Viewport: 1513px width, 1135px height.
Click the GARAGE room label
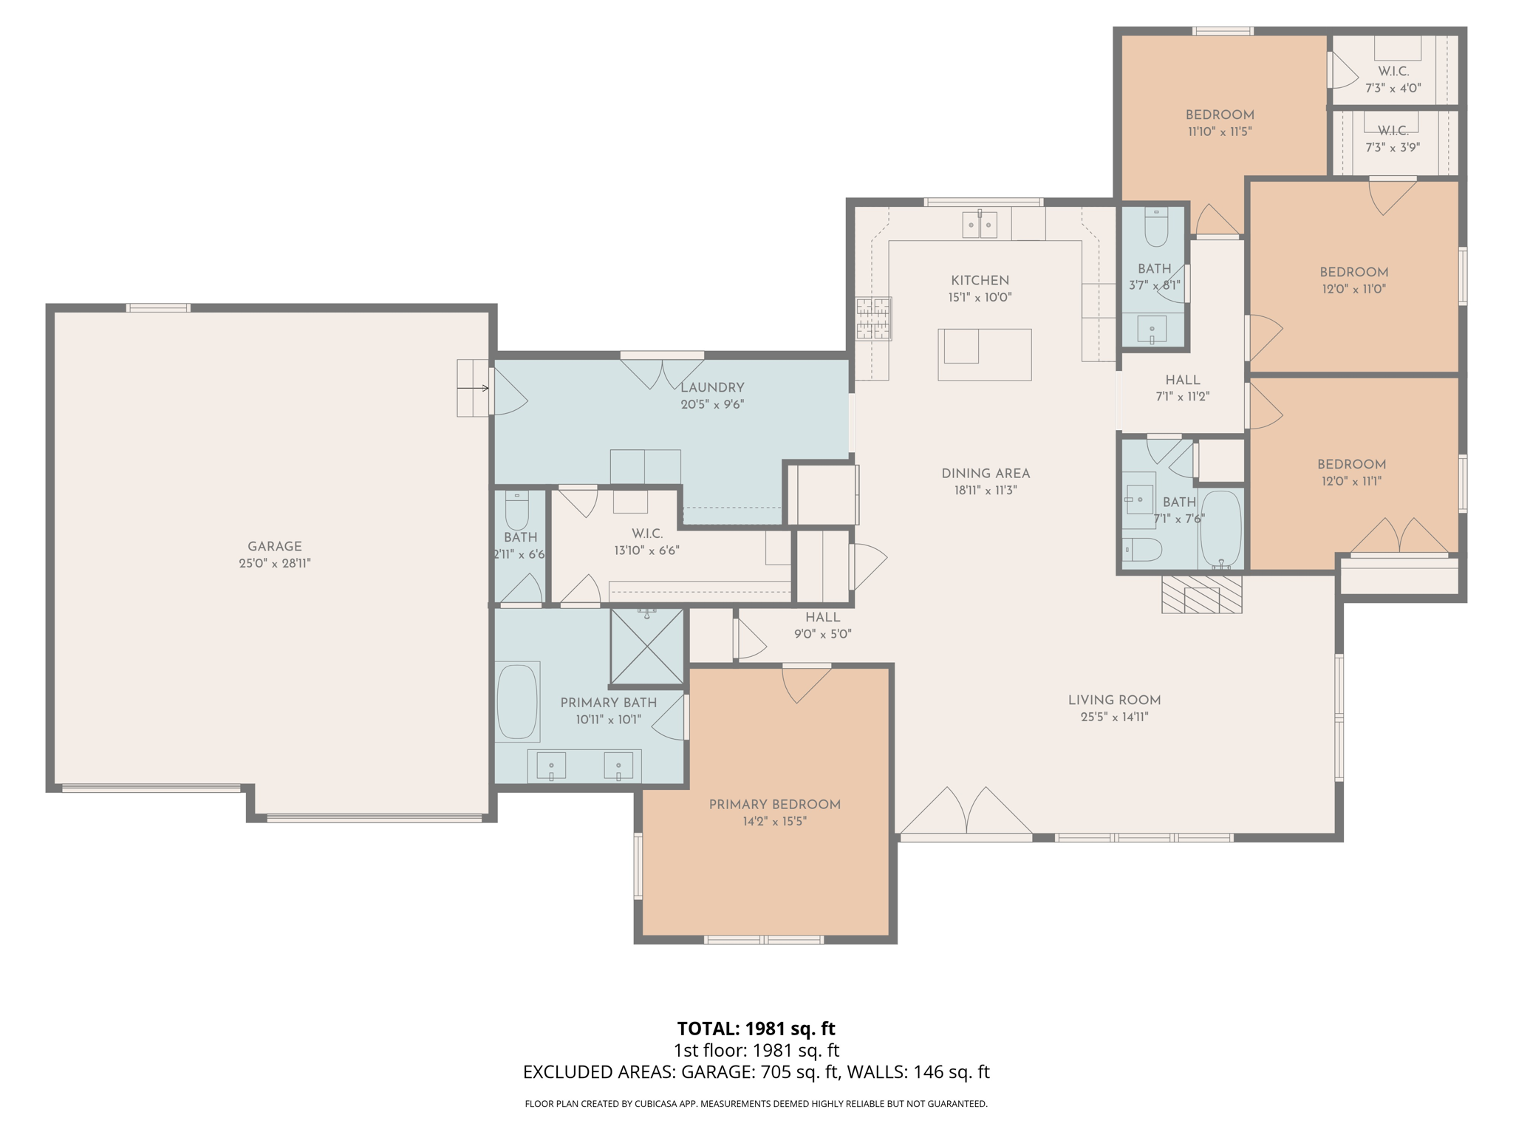[x=274, y=546]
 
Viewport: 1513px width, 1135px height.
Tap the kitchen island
[x=984, y=355]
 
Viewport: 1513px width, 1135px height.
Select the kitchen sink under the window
[x=980, y=224]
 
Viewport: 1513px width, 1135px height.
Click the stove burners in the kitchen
[x=874, y=318]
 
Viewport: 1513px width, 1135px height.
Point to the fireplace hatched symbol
[x=1201, y=594]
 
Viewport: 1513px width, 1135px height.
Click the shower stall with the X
[x=647, y=647]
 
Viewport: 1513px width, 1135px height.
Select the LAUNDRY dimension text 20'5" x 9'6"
[x=711, y=404]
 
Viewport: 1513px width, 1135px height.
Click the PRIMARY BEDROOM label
[x=774, y=804]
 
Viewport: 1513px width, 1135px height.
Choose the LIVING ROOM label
[x=1113, y=700]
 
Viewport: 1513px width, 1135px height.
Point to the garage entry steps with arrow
[x=473, y=388]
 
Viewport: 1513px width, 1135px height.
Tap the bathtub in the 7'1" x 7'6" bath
[x=1220, y=528]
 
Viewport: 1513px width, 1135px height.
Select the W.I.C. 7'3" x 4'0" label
[x=1393, y=80]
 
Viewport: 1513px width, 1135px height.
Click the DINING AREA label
[x=985, y=473]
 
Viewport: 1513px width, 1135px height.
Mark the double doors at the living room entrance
[x=966, y=813]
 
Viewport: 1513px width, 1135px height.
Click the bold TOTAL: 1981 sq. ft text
[x=756, y=1028]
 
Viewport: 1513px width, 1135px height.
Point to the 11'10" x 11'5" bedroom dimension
[x=1219, y=132]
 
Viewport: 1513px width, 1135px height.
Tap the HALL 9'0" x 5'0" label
[x=822, y=625]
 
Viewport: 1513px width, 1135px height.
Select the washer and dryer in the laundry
[x=645, y=466]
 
